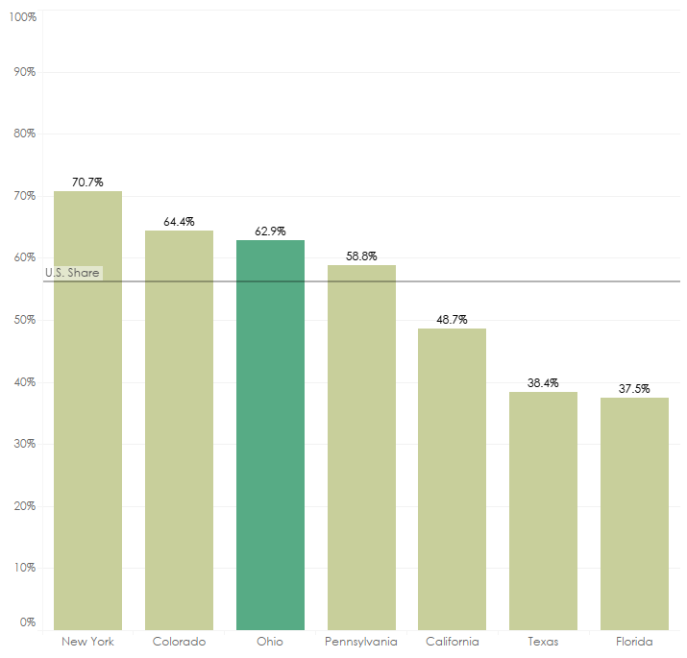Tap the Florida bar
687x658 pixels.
point(634,513)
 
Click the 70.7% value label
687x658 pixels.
point(87,182)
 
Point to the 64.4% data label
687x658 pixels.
point(179,221)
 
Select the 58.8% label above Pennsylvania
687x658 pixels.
point(361,256)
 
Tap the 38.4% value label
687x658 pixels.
point(543,382)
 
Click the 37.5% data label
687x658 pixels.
point(634,388)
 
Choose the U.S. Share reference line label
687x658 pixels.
point(72,273)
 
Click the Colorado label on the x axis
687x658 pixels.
point(179,642)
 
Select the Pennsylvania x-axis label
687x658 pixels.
point(361,642)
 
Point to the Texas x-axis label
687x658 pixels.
point(543,642)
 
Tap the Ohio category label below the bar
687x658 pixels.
point(270,642)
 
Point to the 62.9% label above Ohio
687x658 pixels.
point(270,231)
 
